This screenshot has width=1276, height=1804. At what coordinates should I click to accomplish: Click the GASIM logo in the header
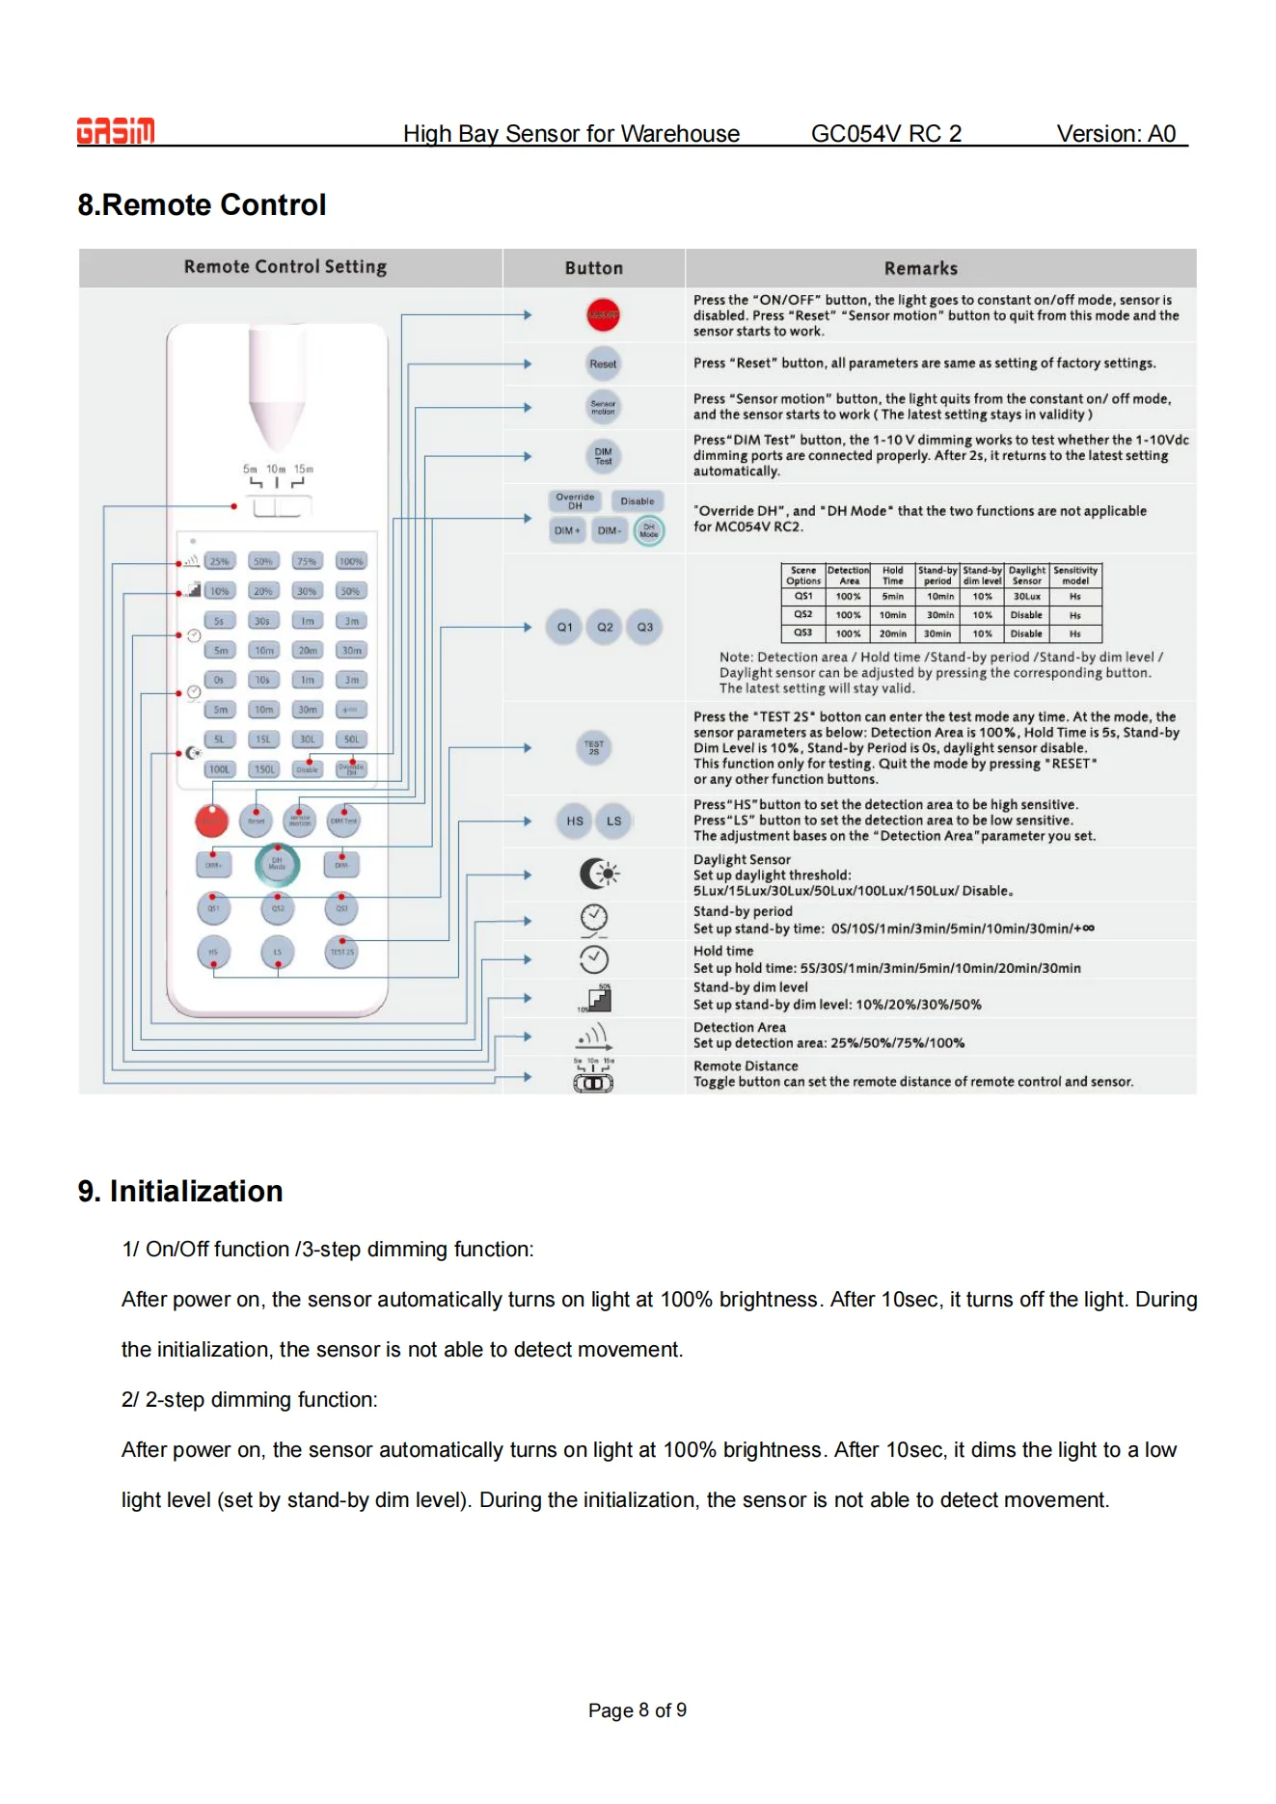point(116,131)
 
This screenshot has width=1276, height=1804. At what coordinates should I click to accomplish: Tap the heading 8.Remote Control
point(202,205)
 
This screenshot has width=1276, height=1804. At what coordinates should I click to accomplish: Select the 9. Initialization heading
point(180,1192)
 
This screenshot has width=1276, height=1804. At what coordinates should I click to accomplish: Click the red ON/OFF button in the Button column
point(603,315)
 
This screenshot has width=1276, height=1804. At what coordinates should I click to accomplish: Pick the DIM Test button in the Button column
point(603,456)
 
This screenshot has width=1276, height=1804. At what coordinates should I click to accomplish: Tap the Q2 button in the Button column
point(605,628)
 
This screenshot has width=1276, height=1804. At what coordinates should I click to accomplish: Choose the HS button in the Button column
point(575,821)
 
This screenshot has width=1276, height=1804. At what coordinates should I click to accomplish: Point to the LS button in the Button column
point(614,821)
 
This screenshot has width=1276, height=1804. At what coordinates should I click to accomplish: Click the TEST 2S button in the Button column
point(594,747)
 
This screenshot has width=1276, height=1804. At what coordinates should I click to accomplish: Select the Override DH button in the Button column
point(575,501)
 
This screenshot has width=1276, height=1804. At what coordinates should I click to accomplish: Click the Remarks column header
point(921,269)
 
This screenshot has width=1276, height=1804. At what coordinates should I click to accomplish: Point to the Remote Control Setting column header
point(285,267)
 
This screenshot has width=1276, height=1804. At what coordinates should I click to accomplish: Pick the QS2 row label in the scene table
point(803,614)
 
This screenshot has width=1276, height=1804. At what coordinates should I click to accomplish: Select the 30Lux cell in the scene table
point(1026,597)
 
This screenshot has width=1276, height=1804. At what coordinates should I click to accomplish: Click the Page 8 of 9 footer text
point(638,1710)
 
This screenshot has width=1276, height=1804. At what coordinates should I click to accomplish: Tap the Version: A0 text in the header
point(1116,134)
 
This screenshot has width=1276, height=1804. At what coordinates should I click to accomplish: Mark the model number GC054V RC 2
point(885,134)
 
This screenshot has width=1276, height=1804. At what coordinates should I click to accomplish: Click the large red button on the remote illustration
point(212,821)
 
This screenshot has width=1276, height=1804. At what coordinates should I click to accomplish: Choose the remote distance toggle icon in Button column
point(594,1083)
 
